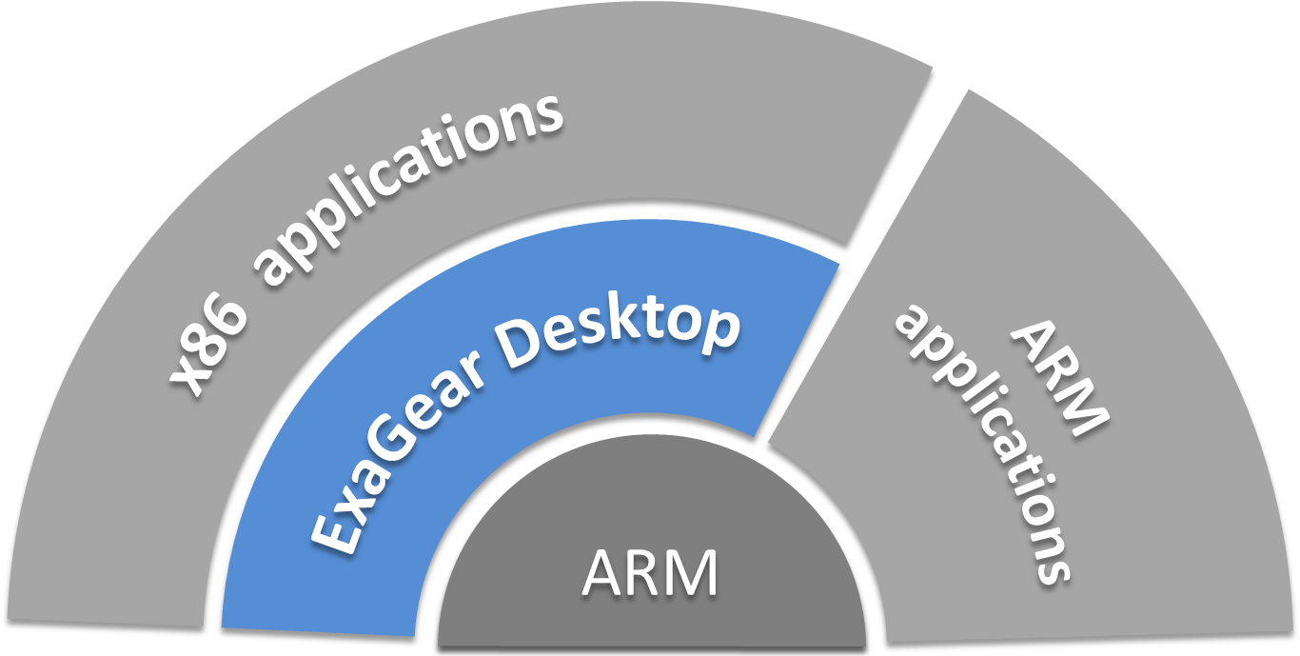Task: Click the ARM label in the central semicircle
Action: [x=650, y=574]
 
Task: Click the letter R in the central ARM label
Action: [x=650, y=574]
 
